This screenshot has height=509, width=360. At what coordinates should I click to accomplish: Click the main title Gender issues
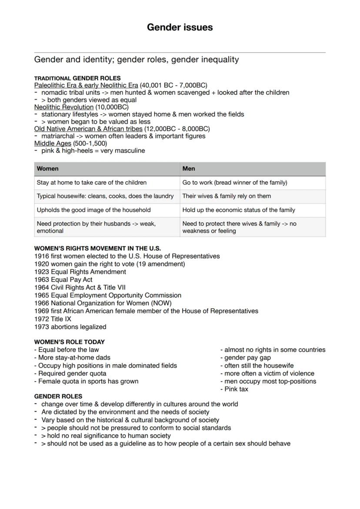(x=180, y=27)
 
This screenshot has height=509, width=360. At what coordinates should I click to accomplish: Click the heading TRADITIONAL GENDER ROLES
(x=77, y=78)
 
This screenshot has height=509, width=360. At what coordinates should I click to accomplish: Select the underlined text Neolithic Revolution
(x=64, y=107)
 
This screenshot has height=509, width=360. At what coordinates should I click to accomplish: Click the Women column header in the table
(x=48, y=169)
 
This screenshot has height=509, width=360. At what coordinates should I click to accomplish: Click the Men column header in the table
(x=189, y=169)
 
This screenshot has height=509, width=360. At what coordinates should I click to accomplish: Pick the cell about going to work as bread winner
(x=235, y=183)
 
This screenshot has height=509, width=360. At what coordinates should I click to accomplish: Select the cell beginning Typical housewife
(x=105, y=196)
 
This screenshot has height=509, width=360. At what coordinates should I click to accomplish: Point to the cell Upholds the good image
(x=94, y=210)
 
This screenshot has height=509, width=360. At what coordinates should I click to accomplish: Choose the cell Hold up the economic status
(x=239, y=210)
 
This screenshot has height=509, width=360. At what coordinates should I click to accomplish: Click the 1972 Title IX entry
(x=53, y=319)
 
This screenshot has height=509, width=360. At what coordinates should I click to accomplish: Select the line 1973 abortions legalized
(x=70, y=326)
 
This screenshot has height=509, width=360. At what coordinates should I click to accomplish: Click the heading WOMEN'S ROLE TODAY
(x=70, y=342)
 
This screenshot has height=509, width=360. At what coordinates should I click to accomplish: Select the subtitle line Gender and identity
(x=137, y=60)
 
